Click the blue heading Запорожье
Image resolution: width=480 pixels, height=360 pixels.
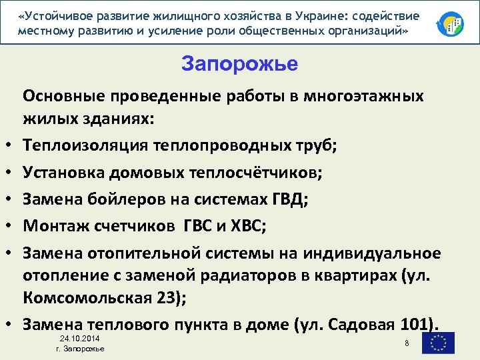[239, 65]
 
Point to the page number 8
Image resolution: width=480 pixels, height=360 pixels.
[406, 343]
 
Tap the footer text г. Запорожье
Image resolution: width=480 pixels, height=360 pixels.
[80, 350]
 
